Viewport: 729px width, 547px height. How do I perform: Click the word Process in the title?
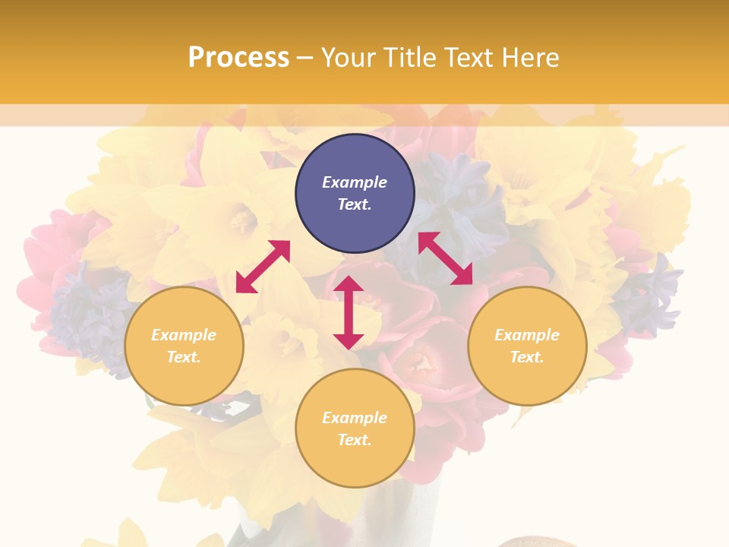tap(238, 57)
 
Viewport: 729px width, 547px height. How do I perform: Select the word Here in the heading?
tap(529, 57)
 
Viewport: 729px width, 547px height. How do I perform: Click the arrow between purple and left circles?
tap(263, 267)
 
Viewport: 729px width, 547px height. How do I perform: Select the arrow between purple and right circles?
tap(446, 258)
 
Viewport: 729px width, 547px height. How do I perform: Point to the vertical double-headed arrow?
tap(349, 312)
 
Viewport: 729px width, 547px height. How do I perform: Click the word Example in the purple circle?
tap(355, 182)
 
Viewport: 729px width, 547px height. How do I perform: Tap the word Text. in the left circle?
tap(184, 357)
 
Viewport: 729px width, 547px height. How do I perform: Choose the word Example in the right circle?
tap(527, 335)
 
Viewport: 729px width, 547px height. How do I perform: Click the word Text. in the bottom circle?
tap(355, 440)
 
